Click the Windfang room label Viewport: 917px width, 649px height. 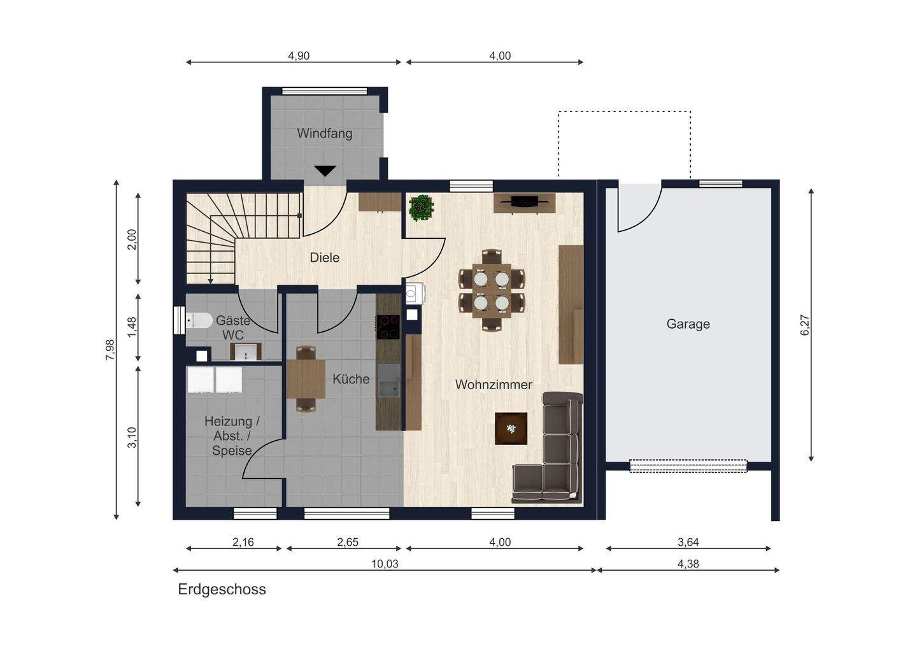point(325,134)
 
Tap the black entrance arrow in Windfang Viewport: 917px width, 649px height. point(325,171)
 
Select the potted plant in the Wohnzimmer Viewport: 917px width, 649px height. point(422,208)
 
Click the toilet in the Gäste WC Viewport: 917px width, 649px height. point(199,320)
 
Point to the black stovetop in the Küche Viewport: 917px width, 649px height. point(388,327)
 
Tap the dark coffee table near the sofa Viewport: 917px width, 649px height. point(511,428)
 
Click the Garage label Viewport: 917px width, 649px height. point(688,324)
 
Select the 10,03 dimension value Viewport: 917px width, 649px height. point(385,564)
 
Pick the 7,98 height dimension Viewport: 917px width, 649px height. point(110,350)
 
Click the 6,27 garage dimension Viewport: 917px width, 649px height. point(804,325)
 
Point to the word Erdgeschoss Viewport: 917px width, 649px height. point(222,589)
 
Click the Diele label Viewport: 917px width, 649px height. point(325,257)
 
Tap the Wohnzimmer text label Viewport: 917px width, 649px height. point(494,385)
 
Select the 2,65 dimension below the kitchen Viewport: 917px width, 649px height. point(348,542)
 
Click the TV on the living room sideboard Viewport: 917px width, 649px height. point(525,201)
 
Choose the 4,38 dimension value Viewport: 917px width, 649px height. point(688,564)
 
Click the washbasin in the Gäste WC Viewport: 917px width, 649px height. point(246,352)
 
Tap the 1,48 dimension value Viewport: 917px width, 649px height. point(132,327)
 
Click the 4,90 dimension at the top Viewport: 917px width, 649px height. point(299,55)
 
